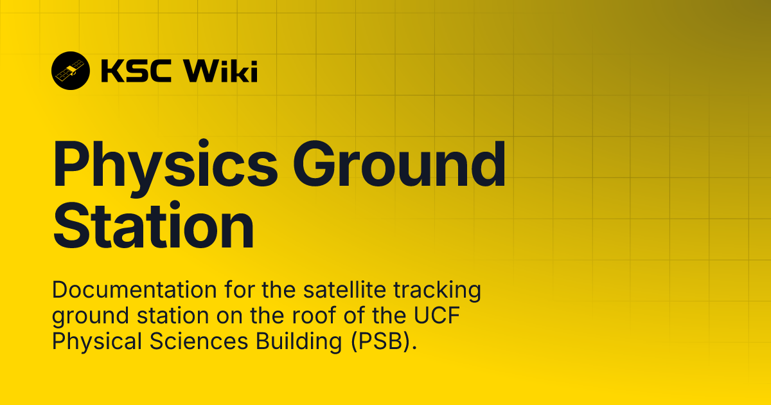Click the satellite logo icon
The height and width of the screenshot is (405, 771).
point(71,71)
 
